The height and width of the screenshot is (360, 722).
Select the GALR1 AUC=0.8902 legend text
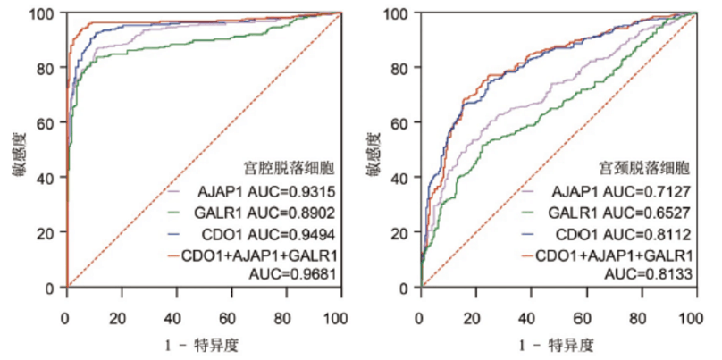[266, 213]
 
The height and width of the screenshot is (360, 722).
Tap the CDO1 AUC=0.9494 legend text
[266, 233]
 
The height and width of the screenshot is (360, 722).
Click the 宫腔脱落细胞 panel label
[286, 166]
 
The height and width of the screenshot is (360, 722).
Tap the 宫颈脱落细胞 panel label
[640, 167]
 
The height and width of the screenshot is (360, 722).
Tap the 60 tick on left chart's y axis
[45, 122]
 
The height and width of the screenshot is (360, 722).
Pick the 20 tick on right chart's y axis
[398, 232]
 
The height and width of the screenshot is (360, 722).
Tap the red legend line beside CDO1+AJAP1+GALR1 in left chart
[175, 254]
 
